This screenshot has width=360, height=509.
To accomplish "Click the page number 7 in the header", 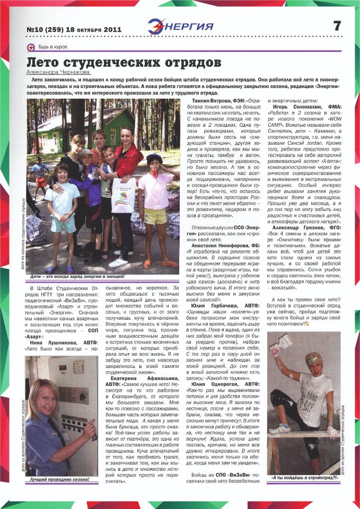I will [x=337, y=25].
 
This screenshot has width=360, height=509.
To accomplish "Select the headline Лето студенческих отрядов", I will [x=117, y=62].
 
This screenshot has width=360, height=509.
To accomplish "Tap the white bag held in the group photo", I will [x=124, y=195].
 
